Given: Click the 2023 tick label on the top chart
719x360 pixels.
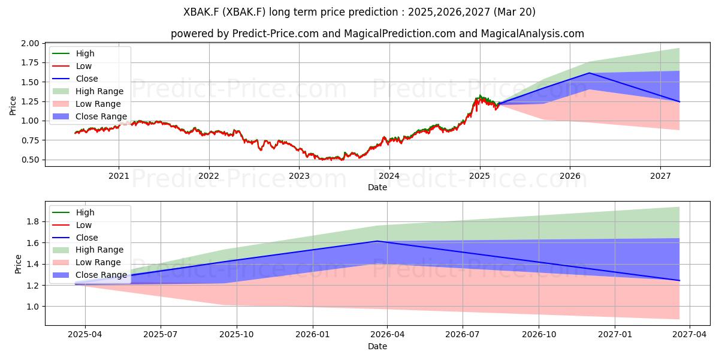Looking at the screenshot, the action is point(299,176).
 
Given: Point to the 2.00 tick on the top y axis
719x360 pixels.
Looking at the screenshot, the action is point(30,43).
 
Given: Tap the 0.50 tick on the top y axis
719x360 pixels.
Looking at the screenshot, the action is point(30,160).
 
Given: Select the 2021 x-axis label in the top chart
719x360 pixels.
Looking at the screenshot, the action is point(119,176).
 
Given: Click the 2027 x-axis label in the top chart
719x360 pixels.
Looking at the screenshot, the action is point(660,176).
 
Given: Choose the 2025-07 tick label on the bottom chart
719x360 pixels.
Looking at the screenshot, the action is point(161,335).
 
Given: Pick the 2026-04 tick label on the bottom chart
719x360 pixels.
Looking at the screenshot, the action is point(387,335).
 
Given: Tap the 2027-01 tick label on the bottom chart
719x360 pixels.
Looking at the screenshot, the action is point(615,335).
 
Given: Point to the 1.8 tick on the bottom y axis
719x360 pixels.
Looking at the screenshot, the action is point(33,221).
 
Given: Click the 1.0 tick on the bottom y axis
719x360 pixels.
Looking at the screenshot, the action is point(33,307).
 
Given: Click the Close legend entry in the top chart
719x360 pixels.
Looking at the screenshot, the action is point(75,79).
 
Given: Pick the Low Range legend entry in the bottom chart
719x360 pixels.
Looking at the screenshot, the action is point(86,262).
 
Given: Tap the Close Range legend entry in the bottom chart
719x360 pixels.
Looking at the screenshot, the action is point(89,275).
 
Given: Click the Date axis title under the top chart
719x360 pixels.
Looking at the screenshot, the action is point(377,187).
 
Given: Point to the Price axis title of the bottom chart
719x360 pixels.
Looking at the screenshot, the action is point(18,264).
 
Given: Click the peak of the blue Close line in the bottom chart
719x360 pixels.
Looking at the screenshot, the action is point(377,241).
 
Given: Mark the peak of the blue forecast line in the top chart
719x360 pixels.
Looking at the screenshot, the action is point(589,73).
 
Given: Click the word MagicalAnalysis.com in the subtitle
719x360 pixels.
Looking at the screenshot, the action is point(532,34).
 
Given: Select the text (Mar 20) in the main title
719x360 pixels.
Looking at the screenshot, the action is point(514,12).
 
